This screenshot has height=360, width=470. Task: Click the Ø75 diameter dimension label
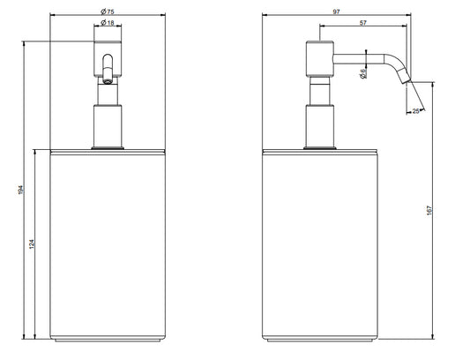(x=108, y=11)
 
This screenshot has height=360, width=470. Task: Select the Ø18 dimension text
(x=108, y=23)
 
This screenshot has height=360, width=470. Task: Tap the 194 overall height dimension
(x=20, y=190)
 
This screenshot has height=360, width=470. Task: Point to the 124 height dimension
(x=32, y=244)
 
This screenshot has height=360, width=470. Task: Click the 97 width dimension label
(x=337, y=11)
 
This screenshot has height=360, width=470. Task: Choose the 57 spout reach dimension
(x=363, y=23)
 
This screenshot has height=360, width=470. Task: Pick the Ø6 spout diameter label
(x=363, y=74)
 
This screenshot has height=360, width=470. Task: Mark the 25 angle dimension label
(x=415, y=111)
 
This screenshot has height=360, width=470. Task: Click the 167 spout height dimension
(x=429, y=210)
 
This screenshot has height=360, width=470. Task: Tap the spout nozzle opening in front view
(x=107, y=80)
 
